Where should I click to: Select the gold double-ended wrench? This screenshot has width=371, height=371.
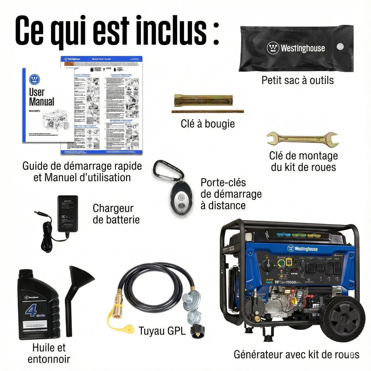(x=302, y=138)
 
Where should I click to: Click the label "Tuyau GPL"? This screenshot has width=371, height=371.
(x=162, y=331)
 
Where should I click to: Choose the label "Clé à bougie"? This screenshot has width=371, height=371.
(x=208, y=124)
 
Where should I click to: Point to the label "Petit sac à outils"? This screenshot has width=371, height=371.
(x=297, y=80)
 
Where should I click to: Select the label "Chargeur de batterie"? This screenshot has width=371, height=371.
(x=116, y=214)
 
